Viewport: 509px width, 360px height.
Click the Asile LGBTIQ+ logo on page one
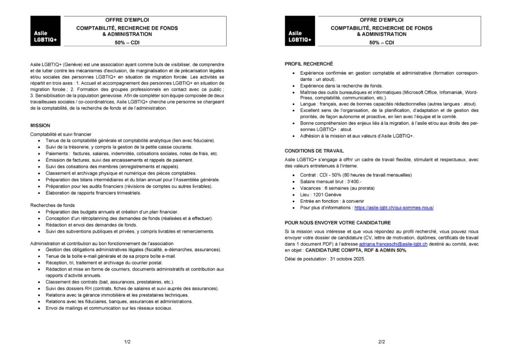tap(45, 31)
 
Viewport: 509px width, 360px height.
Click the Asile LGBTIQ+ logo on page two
tap(299, 31)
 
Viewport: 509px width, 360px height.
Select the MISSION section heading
tap(40, 125)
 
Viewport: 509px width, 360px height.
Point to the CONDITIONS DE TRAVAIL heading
tap(314, 150)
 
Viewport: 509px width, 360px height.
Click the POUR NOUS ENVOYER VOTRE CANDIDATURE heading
tap(338, 222)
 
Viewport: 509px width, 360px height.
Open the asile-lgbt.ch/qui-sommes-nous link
tap(394, 207)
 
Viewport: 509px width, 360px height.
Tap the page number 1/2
tap(127, 342)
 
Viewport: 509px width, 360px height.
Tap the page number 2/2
tap(382, 342)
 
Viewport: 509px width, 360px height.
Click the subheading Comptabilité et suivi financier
tap(61, 134)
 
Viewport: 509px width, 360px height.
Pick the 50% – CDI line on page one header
tap(127, 43)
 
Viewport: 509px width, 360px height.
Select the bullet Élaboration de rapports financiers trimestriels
tap(93, 192)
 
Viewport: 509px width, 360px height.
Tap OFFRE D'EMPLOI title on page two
tap(381, 19)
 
